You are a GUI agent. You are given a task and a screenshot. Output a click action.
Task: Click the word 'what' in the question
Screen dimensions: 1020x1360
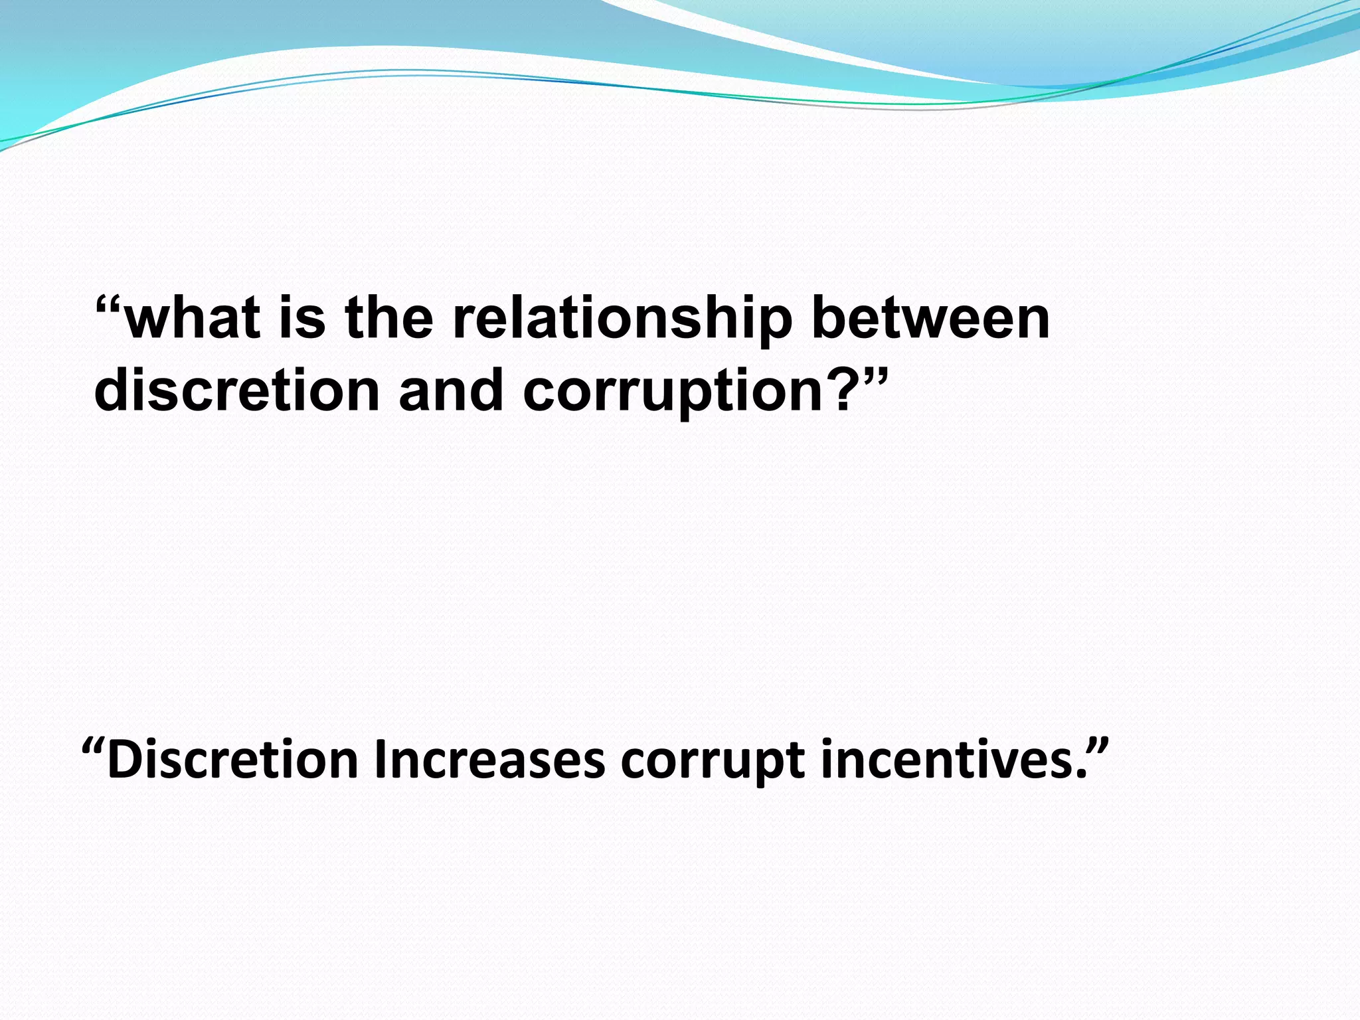tap(193, 319)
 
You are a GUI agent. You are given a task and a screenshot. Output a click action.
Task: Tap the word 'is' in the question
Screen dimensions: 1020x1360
tap(303, 319)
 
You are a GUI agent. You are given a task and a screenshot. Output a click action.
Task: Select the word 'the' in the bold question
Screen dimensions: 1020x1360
tap(389, 319)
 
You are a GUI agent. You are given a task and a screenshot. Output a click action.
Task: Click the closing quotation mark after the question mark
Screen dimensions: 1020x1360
tap(874, 375)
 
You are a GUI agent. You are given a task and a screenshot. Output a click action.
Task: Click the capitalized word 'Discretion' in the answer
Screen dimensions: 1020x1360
tap(232, 761)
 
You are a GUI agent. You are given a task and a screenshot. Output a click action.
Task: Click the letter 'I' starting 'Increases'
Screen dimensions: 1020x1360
tap(380, 761)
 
